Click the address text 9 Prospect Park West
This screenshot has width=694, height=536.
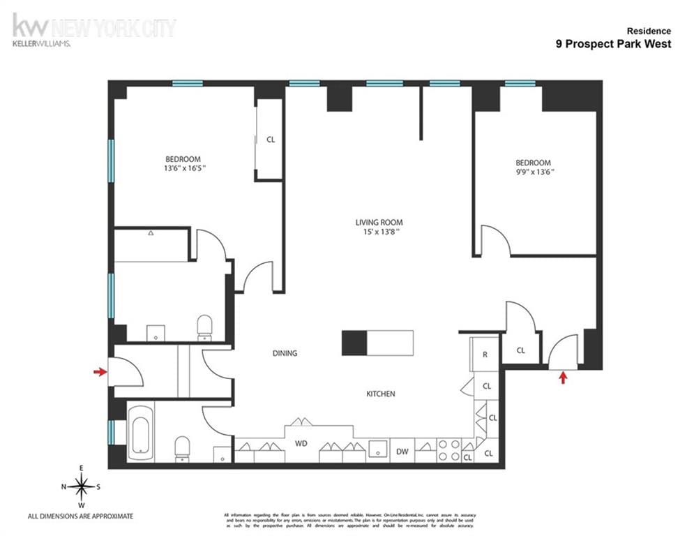(x=613, y=44)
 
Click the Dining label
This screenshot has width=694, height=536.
(x=285, y=353)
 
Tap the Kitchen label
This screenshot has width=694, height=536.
(x=381, y=394)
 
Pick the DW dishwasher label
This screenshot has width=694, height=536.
(x=402, y=452)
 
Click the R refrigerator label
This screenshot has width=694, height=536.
(x=484, y=354)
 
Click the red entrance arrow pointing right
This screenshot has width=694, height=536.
(x=100, y=372)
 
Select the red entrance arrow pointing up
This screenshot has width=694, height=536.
(x=564, y=378)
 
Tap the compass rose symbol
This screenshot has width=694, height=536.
(x=82, y=485)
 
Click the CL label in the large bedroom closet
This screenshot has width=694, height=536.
(x=271, y=140)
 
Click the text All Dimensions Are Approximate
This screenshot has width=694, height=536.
(x=80, y=516)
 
